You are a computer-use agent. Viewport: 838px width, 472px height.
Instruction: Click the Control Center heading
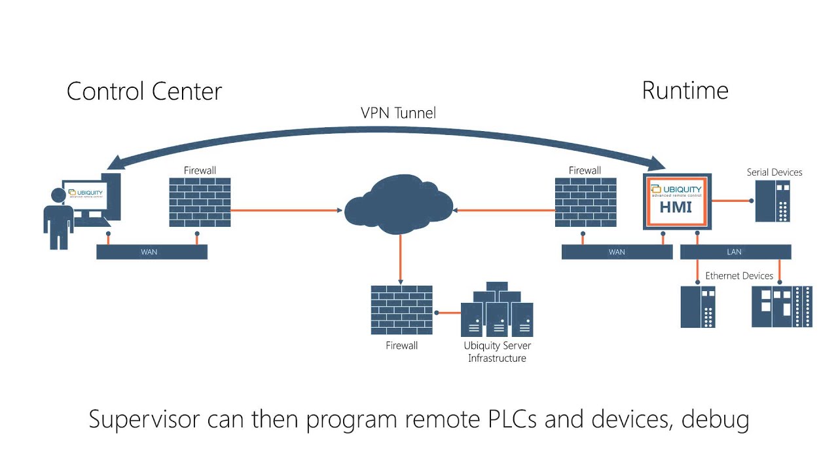(x=144, y=91)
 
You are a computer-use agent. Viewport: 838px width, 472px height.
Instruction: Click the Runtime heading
(x=685, y=90)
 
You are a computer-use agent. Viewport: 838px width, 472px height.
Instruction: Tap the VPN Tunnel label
(x=398, y=113)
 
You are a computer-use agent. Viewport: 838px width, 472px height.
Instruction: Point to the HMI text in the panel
(x=676, y=208)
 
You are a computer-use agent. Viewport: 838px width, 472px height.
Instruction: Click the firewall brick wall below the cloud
(x=401, y=310)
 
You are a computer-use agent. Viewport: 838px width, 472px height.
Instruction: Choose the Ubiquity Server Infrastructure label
(x=497, y=352)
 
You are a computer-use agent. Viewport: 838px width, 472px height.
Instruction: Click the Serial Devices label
(x=774, y=172)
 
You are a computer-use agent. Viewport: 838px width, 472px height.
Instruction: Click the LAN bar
(x=735, y=252)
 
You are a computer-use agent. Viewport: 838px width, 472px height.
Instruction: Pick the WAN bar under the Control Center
(x=151, y=252)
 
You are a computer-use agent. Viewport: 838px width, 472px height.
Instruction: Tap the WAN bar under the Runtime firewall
(x=617, y=252)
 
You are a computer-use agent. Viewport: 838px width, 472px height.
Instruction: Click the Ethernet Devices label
(x=739, y=276)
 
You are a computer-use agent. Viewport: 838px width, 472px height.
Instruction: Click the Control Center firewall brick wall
(x=200, y=203)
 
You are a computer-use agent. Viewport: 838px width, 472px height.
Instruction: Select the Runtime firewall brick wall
(x=585, y=203)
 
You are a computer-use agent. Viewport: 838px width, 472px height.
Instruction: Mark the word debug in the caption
(x=715, y=420)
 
